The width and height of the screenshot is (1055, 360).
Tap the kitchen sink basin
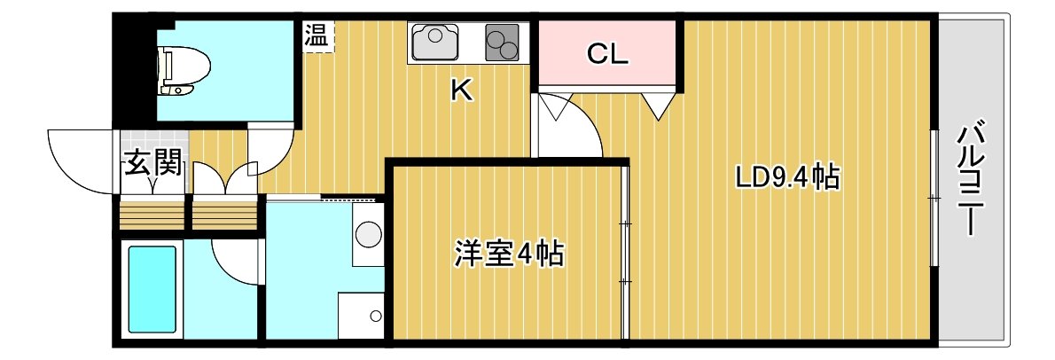click(x=434, y=42)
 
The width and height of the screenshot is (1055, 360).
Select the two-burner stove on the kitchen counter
click(x=503, y=43)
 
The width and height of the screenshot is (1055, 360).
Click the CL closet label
click(x=607, y=54)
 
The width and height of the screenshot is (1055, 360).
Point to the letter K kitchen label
click(x=461, y=90)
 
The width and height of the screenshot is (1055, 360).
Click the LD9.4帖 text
click(x=786, y=177)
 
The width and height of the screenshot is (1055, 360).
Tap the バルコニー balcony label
click(x=969, y=178)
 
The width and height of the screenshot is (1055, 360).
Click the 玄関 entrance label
click(x=154, y=163)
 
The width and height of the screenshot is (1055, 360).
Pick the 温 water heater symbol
click(x=316, y=35)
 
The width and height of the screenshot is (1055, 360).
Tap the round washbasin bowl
click(x=368, y=235)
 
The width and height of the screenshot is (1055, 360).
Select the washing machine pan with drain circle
click(x=361, y=316)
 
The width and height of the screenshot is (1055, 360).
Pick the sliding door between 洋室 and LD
click(x=625, y=253)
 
